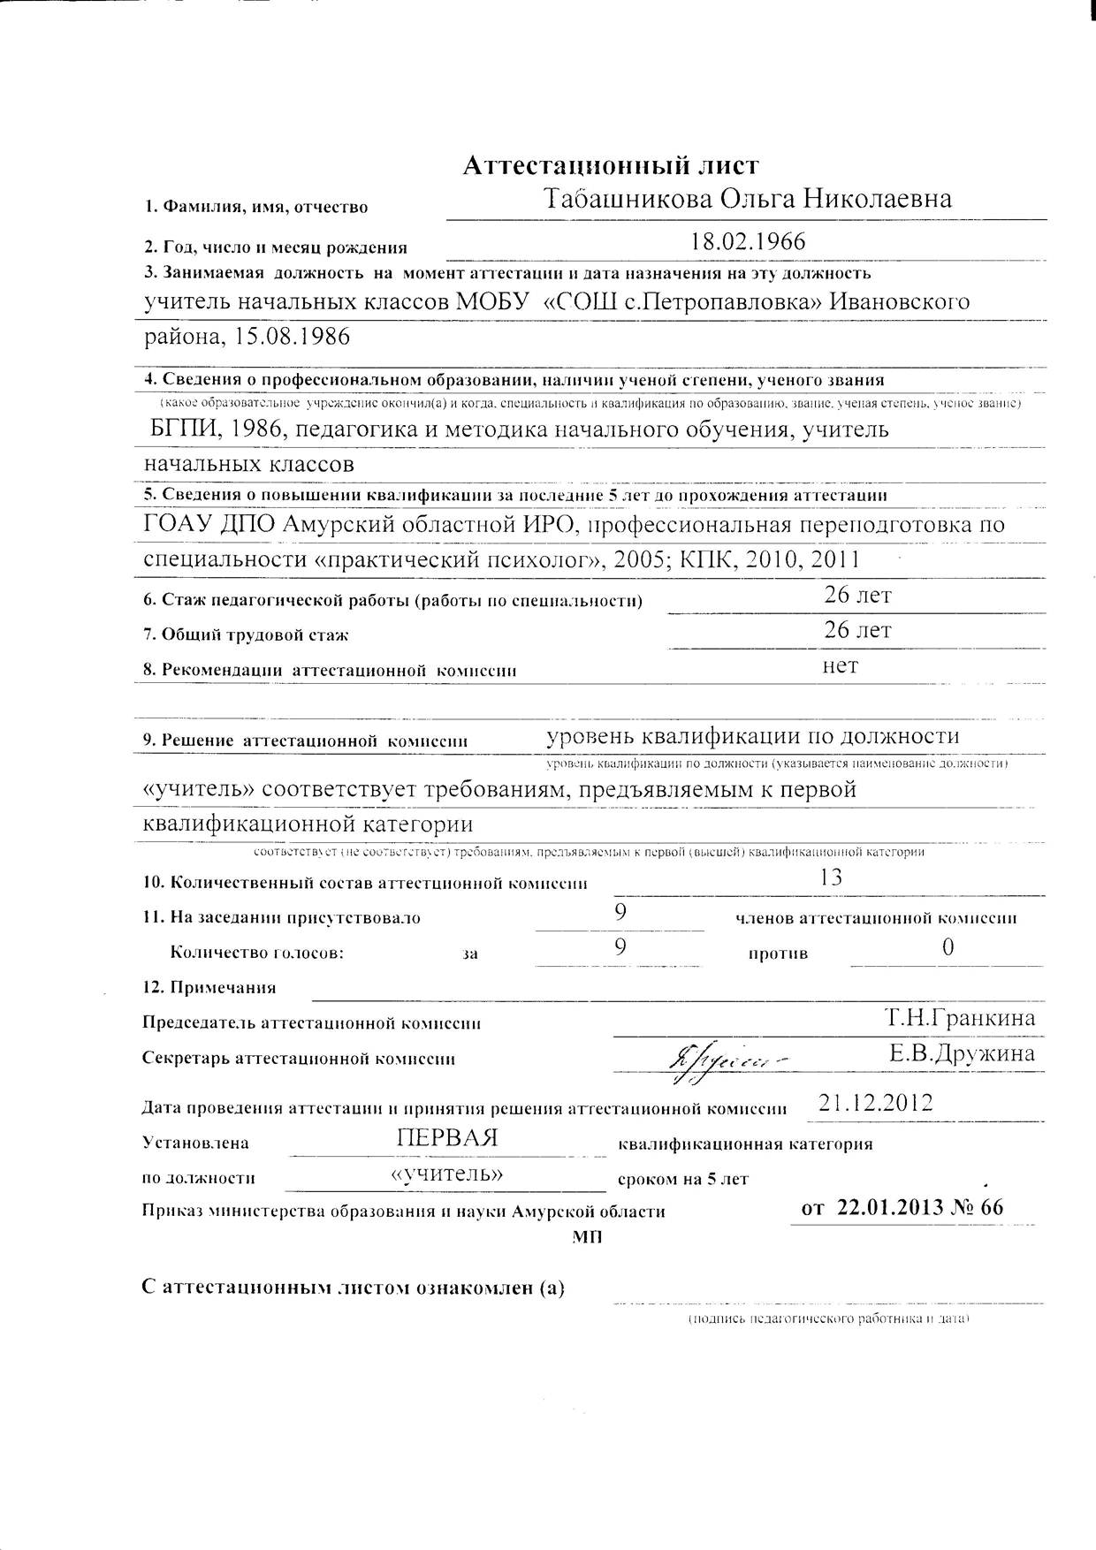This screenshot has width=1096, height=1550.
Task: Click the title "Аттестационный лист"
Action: pos(611,165)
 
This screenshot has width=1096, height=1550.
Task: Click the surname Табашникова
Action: pos(627,199)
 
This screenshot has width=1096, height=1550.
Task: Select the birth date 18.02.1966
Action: pos(749,241)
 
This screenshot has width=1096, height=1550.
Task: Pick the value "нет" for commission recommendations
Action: pos(840,665)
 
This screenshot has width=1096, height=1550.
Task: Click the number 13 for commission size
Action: pos(831,878)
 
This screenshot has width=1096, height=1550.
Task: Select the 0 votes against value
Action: pos(948,948)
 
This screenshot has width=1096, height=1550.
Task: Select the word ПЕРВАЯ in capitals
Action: pos(447,1138)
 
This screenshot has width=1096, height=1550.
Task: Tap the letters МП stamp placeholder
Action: pos(586,1238)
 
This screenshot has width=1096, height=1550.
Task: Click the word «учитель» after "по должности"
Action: pos(447,1174)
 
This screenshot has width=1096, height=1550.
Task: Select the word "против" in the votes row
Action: pos(778,954)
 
